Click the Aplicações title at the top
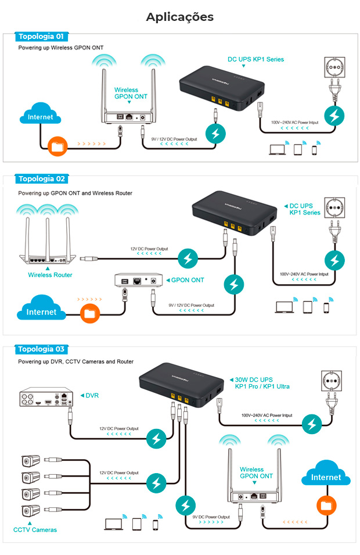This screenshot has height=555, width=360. (x=179, y=17)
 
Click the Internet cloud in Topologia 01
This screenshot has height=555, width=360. (x=40, y=116)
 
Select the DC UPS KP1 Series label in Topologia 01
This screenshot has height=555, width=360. (x=255, y=59)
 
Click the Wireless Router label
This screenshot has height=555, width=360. (x=50, y=275)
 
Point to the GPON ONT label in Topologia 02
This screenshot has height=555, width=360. (x=187, y=280)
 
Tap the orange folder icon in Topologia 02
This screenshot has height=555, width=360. (x=89, y=314)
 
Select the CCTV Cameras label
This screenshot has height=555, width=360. (x=35, y=529)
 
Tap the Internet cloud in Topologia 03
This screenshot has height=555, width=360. (x=326, y=477)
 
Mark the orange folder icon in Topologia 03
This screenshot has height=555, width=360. (x=326, y=504)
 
